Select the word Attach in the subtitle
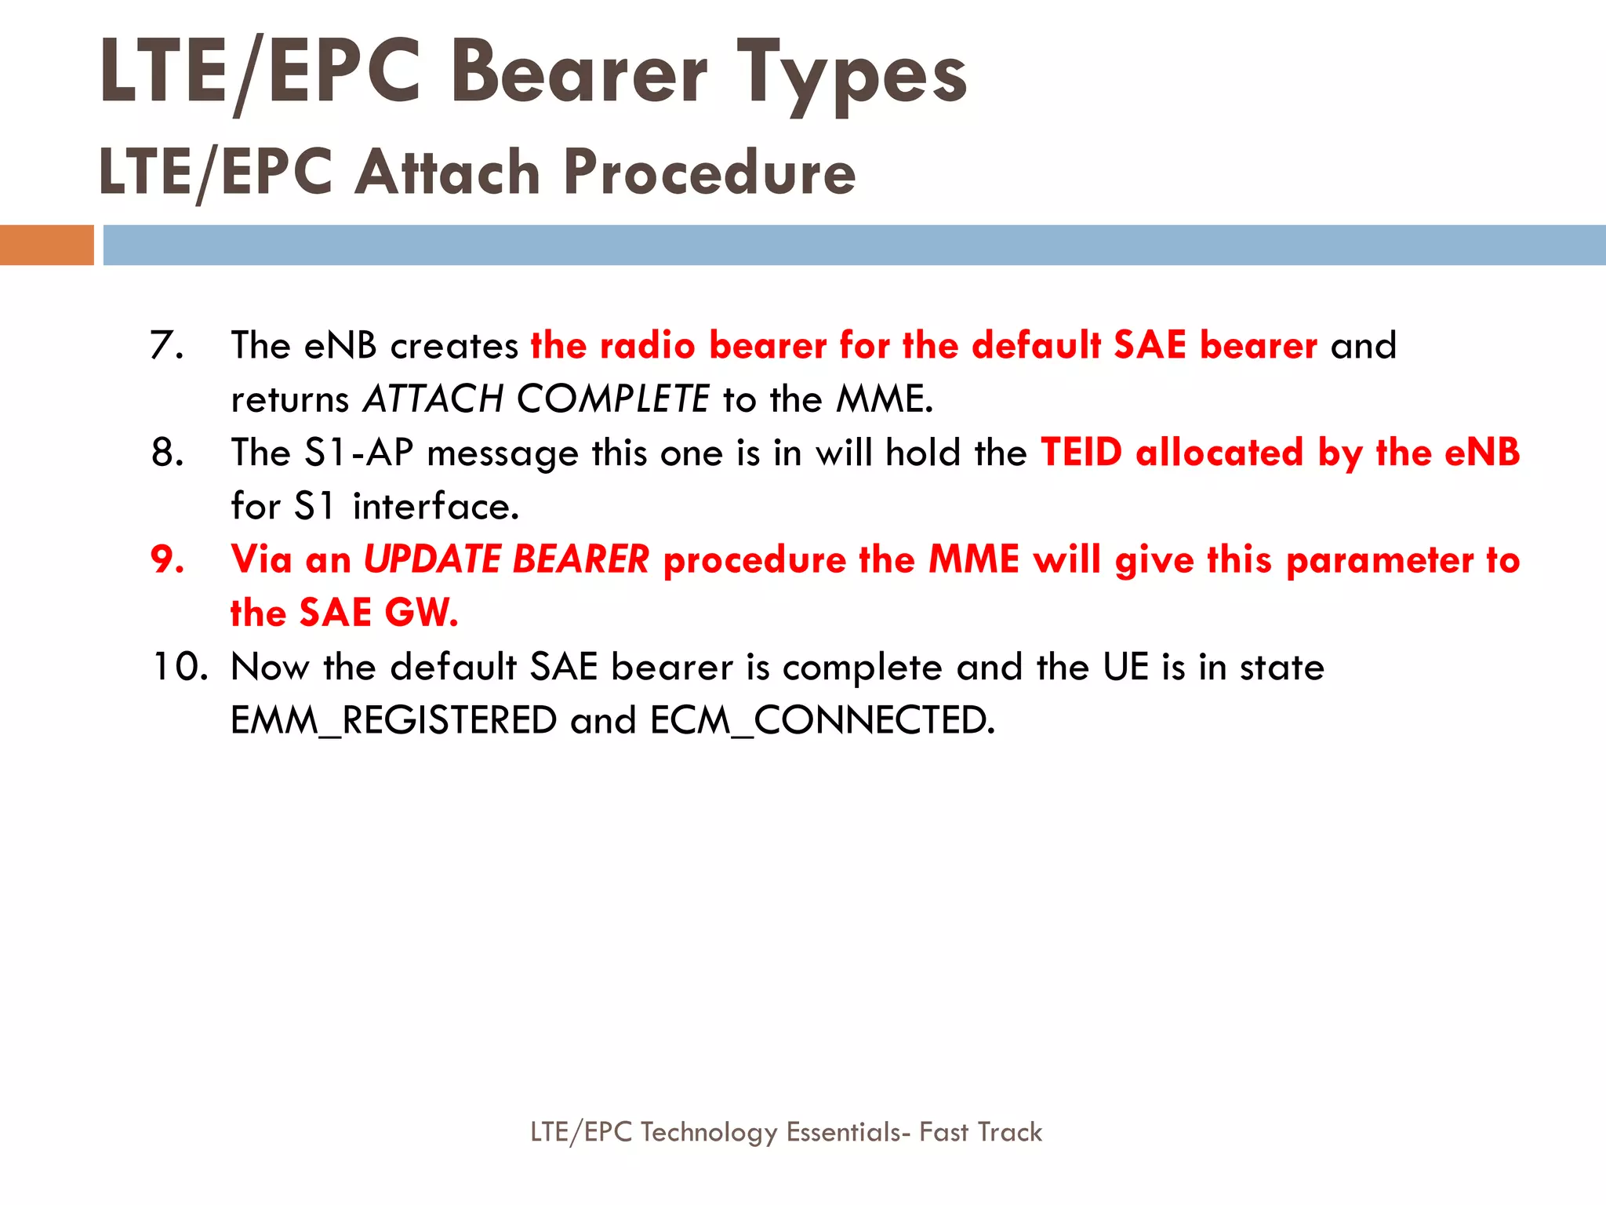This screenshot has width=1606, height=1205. click(x=448, y=172)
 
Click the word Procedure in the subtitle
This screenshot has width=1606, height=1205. click(x=710, y=172)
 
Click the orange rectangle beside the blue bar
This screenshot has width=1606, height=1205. click(x=46, y=245)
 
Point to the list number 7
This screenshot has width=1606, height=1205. click(x=166, y=345)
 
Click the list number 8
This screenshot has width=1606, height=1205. click(x=167, y=453)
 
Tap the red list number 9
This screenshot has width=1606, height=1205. click(x=167, y=559)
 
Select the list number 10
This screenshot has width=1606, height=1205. click(x=180, y=667)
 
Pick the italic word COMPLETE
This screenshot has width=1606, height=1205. click(x=613, y=399)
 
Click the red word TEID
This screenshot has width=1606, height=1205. click(x=1081, y=453)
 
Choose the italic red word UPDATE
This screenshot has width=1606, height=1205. click(x=432, y=559)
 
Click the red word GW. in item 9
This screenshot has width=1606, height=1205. click(x=421, y=613)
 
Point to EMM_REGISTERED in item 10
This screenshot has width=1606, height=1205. click(x=394, y=720)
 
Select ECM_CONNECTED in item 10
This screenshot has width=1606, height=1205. click(x=822, y=720)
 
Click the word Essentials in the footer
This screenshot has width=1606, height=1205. click(x=848, y=1132)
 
